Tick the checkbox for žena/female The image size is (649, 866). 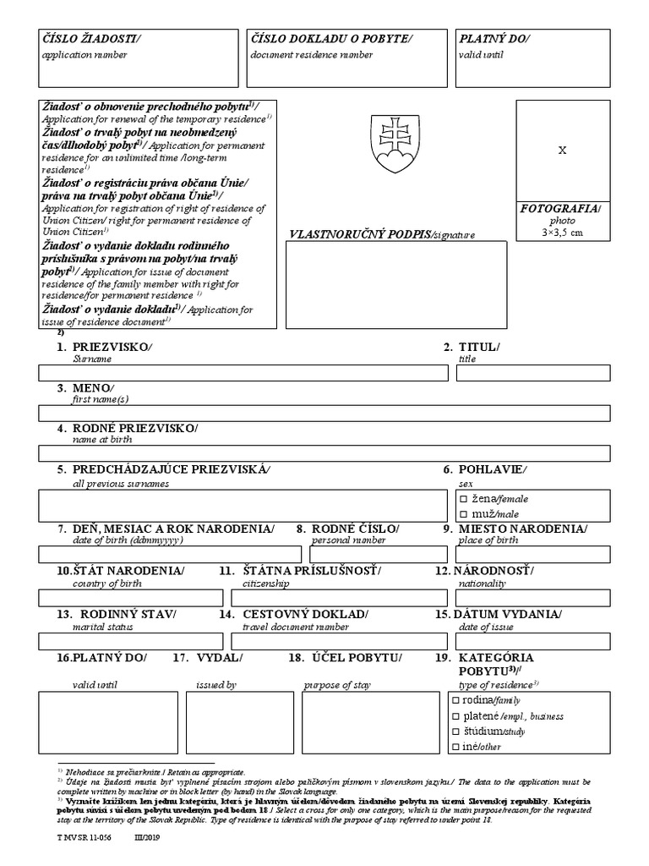point(463,499)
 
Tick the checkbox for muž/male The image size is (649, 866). point(463,514)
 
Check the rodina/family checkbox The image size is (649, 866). point(456,700)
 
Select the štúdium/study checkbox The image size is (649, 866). point(456,731)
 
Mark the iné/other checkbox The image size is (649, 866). point(456,746)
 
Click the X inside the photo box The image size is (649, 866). point(563,150)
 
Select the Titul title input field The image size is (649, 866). point(528,373)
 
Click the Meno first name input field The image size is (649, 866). point(324,413)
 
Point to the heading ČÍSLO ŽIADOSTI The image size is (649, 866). point(93,39)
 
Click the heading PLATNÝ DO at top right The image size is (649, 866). point(495,39)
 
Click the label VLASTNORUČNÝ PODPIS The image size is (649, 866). point(359,233)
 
